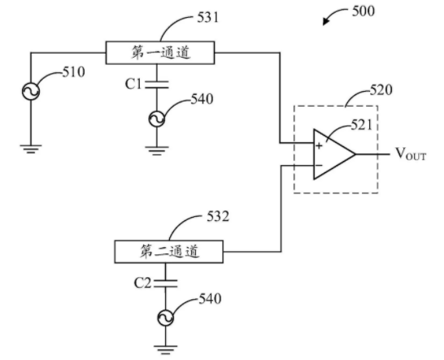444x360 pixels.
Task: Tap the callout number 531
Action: pos(208,18)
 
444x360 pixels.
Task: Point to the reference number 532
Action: pos(218,216)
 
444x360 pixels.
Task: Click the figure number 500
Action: pos(363,11)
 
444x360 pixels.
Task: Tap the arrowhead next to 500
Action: pos(326,21)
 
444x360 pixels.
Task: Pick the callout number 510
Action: pos(74,72)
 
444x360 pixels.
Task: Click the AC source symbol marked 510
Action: pos(31,91)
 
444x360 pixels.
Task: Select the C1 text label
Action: pos(133,84)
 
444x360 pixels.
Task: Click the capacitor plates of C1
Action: pos(157,85)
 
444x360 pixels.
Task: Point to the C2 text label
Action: pos(142,283)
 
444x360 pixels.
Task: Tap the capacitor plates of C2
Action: pos(166,284)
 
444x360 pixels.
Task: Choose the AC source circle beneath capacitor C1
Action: pos(157,119)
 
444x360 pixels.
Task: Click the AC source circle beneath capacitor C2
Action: pos(166,319)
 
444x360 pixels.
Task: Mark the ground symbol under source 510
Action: pos(31,149)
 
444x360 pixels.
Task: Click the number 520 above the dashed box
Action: pos(381,90)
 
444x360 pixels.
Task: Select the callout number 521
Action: pos(362,125)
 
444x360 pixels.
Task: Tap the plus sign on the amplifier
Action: pos(319,146)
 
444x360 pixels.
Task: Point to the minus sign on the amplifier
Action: pos(319,165)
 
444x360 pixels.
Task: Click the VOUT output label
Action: pos(411,154)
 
